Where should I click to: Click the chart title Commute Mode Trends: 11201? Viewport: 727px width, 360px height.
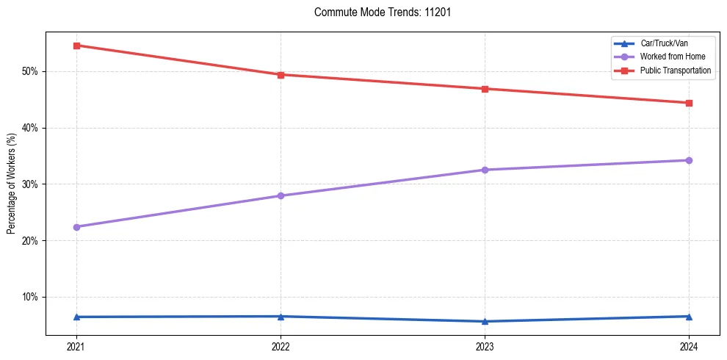pos(377,12)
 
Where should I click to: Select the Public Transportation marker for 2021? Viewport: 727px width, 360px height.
pos(76,46)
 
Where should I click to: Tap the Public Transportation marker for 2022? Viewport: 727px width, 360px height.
pos(281,74)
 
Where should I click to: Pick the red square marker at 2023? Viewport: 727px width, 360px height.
pos(485,89)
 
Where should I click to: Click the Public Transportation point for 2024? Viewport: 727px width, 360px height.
pos(689,103)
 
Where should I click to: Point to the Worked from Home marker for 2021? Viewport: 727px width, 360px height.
pos(76,227)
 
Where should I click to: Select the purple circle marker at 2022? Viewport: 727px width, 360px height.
pos(281,195)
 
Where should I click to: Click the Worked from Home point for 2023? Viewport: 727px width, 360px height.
pos(485,170)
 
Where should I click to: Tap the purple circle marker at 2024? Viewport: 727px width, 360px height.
pos(689,160)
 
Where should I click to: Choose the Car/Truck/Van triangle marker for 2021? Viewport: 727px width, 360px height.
pos(76,317)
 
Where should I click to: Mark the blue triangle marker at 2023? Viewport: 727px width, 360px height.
pos(485,321)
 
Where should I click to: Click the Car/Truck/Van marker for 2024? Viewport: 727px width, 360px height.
pos(689,316)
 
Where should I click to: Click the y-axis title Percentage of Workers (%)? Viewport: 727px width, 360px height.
pos(11,184)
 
